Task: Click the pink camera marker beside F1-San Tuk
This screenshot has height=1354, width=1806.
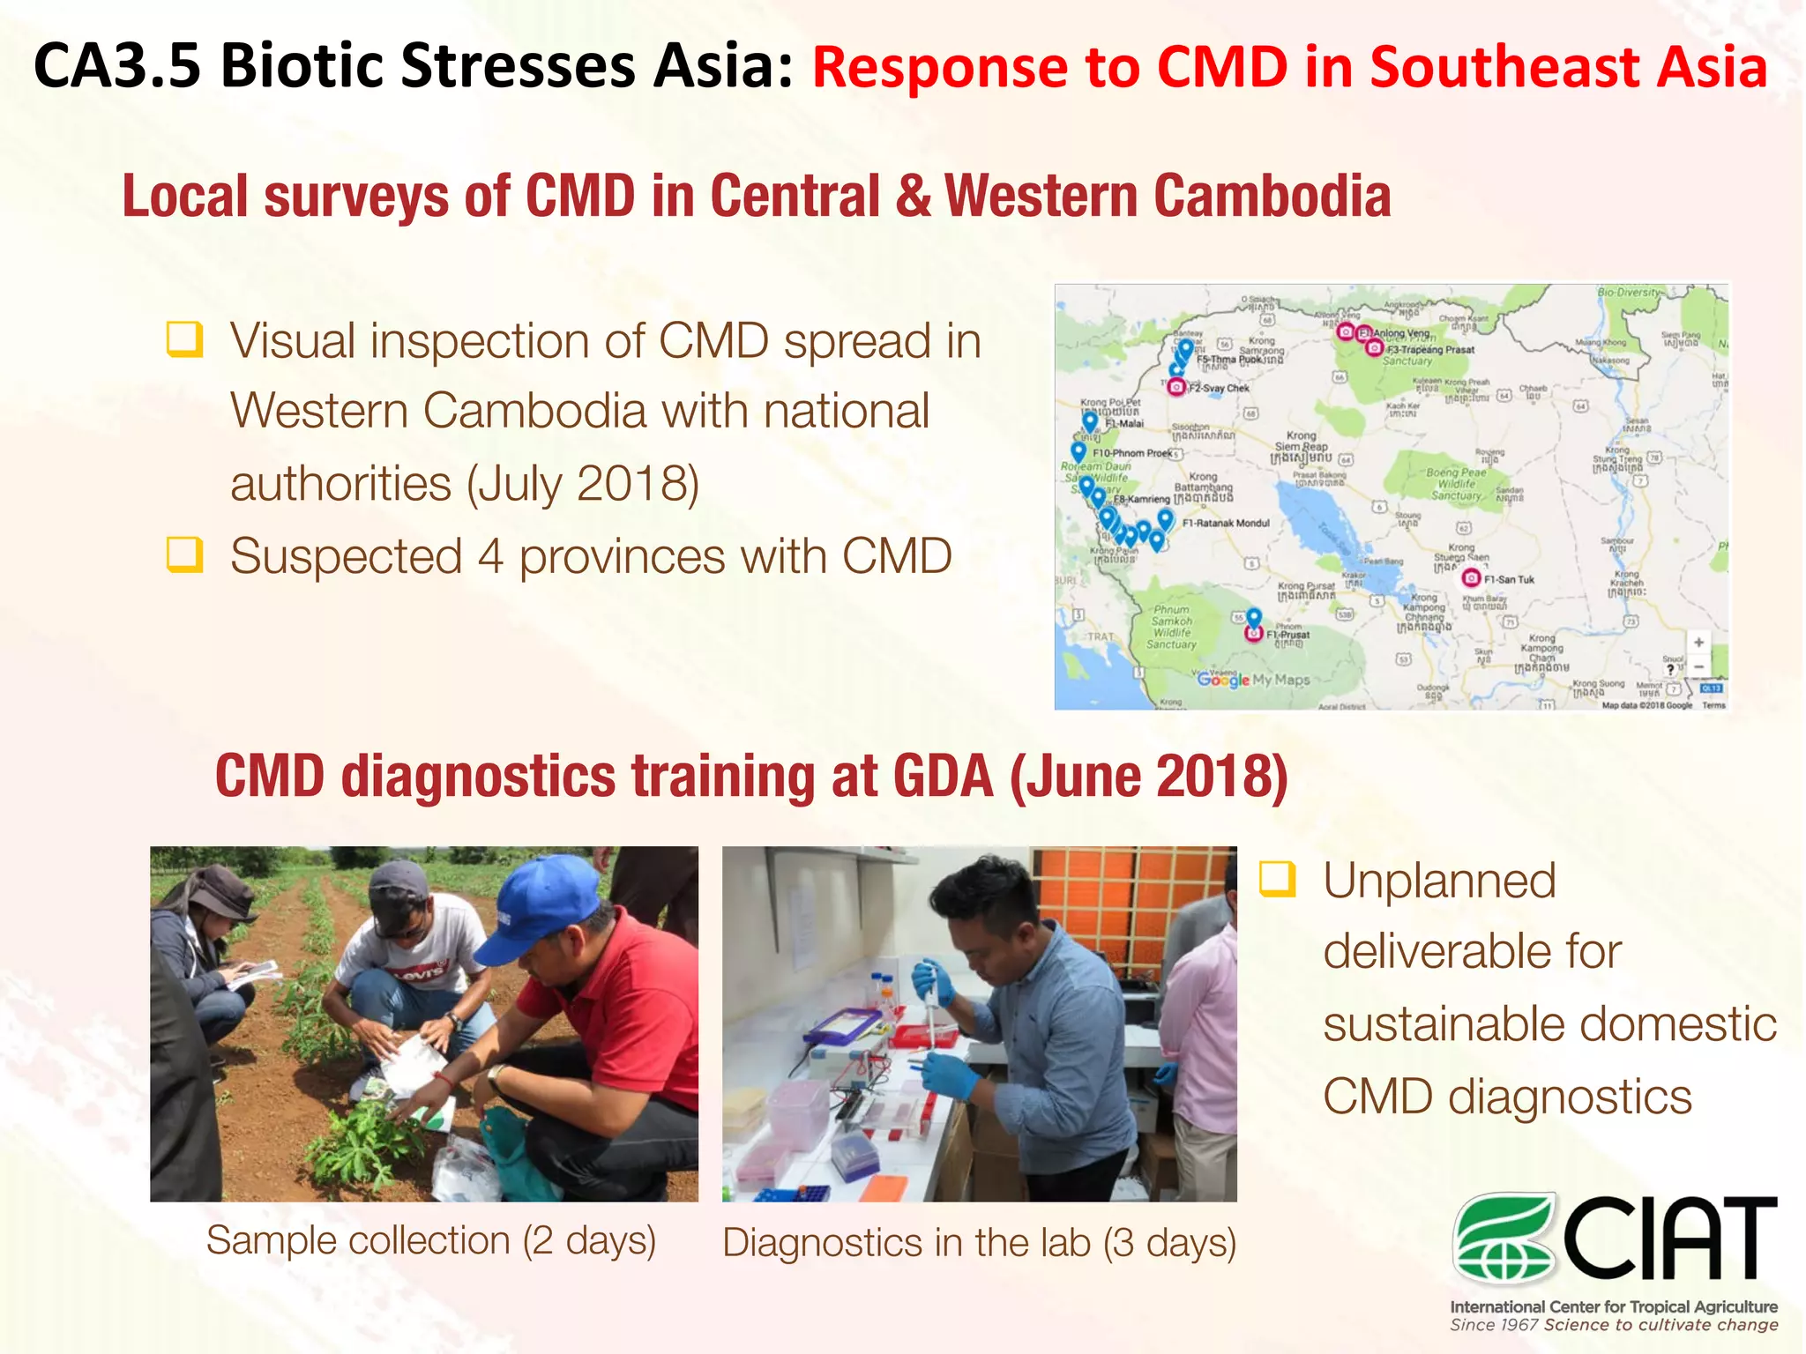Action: (1471, 578)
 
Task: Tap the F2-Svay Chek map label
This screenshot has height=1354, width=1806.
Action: (1219, 388)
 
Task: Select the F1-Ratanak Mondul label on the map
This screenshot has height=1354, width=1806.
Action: (1226, 523)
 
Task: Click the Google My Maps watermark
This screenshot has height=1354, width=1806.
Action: (1253, 680)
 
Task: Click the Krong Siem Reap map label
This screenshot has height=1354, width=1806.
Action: (1302, 441)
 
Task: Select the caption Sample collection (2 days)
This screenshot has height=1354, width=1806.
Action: (431, 1240)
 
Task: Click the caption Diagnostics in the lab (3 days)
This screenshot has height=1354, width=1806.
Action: (979, 1243)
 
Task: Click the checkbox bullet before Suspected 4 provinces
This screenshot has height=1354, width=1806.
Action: (185, 555)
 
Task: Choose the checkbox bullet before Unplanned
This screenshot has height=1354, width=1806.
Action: (1278, 879)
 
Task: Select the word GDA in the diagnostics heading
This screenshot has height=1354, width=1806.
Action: (943, 777)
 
